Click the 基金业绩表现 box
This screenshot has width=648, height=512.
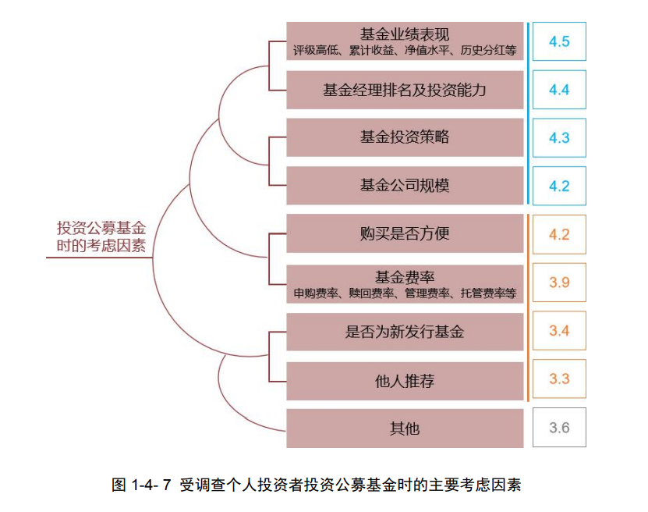[x=405, y=41]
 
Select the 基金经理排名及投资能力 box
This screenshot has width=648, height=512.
[x=405, y=90]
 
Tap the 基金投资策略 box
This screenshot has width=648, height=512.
[x=405, y=137]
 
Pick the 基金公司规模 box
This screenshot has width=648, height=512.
[x=405, y=186]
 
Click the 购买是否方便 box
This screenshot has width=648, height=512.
[x=405, y=234]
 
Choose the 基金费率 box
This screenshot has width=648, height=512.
[x=405, y=283]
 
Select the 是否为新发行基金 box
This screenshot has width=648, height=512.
[x=405, y=332]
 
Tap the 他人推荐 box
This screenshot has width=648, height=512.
[x=405, y=381]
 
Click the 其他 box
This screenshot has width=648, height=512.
[x=405, y=428]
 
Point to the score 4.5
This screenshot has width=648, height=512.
[x=559, y=41]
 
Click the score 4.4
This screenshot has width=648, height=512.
[x=559, y=90]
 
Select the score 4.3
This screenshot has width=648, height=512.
[x=559, y=138]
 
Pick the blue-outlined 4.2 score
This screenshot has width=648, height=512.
[x=559, y=187]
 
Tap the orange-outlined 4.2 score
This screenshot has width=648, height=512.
[x=559, y=235]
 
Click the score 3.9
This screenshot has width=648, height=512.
[x=559, y=283]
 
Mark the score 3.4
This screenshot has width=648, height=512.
[x=559, y=331]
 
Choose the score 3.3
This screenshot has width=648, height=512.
[x=559, y=379]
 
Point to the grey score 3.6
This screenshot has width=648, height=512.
[x=559, y=428]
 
